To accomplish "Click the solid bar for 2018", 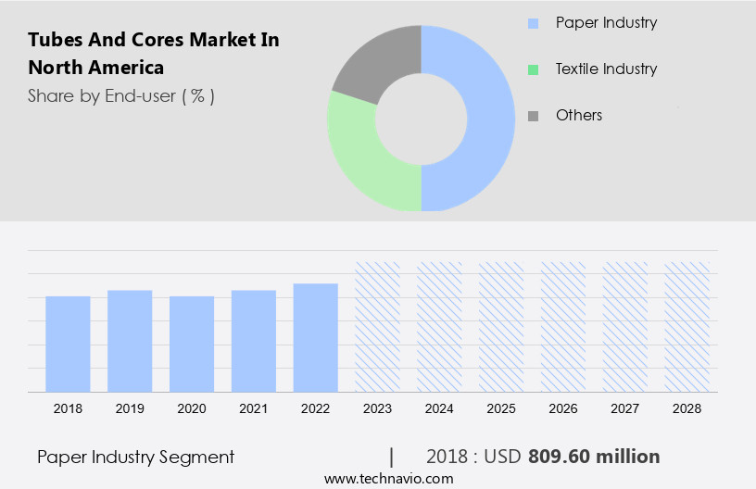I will pos(68,344).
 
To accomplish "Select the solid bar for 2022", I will pos(316,337).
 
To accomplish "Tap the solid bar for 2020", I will pos(192,344).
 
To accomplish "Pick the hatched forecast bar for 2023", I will pos(378,326).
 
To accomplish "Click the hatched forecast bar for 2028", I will pos(687,326).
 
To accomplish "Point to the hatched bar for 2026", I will pos(563,326).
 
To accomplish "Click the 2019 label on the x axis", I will pos(130,407).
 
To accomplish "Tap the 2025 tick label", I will pos(501,407).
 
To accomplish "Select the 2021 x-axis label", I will pos(254,407).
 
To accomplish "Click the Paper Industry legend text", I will pos(606,22).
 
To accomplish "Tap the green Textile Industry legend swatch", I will pos(533,69).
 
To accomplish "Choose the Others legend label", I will pos(579,115).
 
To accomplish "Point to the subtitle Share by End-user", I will pos(120,95).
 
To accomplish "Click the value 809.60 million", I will pos(594,457).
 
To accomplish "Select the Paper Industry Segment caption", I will pos(135,457).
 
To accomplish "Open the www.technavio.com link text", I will pos(388,479).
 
